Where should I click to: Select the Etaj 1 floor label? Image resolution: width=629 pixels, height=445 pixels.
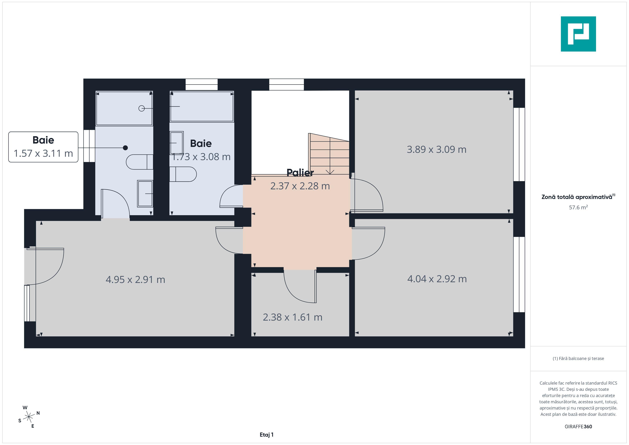(x=267, y=435)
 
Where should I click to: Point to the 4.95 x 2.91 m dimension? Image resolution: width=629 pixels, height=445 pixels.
(x=135, y=280)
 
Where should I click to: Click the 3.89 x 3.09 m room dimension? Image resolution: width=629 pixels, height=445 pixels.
(x=436, y=149)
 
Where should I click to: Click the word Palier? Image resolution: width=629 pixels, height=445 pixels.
(x=300, y=173)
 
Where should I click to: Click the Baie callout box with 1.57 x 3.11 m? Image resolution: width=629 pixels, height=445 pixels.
(x=43, y=147)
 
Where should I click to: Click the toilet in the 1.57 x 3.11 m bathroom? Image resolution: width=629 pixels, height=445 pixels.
(x=139, y=162)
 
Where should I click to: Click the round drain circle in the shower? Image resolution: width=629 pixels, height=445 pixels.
(x=142, y=109)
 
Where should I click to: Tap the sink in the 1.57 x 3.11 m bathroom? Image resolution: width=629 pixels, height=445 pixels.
(x=145, y=193)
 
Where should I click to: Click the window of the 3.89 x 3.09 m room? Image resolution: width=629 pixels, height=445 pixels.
(x=519, y=144)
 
